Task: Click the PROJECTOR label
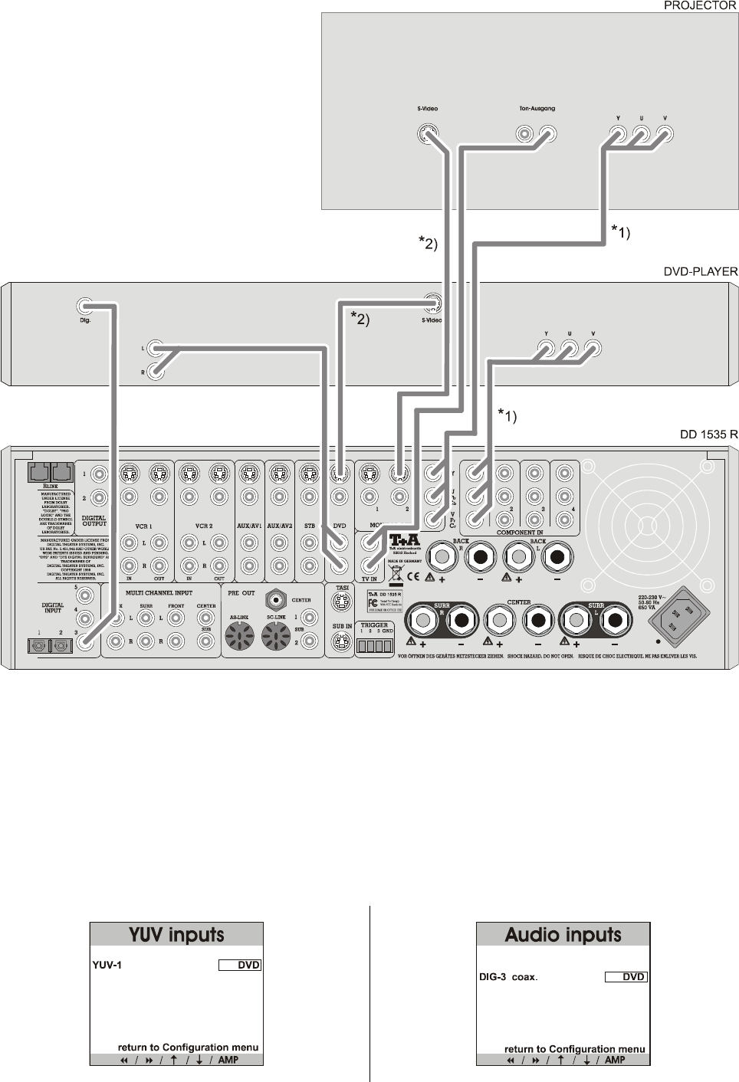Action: pos(699,5)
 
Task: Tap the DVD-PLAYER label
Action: pos(700,271)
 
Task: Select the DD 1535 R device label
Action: pos(708,434)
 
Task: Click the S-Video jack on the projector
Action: pos(428,135)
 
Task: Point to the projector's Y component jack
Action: pos(617,136)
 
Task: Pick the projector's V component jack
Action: pos(665,136)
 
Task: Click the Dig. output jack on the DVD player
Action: pos(85,306)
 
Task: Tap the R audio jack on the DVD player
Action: pos(156,372)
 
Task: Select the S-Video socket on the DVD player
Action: pos(433,303)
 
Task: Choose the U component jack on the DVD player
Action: pos(569,350)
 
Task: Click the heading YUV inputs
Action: pos(176,935)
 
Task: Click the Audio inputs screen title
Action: pos(563,935)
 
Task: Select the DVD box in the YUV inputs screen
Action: pos(240,966)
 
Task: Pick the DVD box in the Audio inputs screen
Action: pos(626,977)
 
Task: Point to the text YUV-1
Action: pos(107,966)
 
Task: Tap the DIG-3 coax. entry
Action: pos(508,977)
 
